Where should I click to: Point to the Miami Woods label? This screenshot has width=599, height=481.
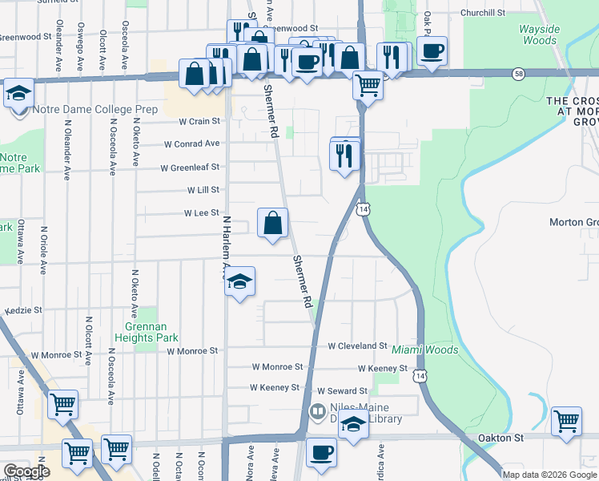[424, 350]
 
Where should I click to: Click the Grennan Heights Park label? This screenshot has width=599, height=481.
[151, 332]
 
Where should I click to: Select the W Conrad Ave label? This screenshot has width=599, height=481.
[191, 144]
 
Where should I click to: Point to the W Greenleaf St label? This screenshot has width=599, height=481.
[190, 168]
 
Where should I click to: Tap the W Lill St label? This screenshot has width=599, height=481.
[203, 191]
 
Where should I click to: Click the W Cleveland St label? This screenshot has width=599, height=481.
[358, 346]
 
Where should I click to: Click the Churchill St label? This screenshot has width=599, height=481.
[483, 13]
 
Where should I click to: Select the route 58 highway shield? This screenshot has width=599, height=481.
[519, 73]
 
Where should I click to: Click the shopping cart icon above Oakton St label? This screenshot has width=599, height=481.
[565, 420]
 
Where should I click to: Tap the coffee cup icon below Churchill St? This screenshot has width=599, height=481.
[432, 51]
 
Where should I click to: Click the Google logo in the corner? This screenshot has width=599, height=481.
[26, 471]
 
